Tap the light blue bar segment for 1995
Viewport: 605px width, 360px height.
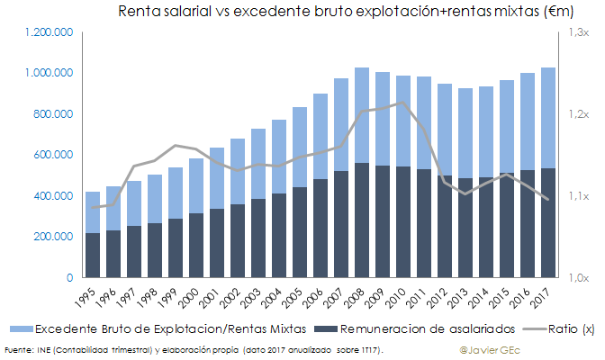coord(92,212)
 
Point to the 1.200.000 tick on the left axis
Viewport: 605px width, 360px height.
coord(50,32)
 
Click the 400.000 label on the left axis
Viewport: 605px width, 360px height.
coord(54,196)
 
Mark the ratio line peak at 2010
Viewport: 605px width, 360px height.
coord(402,103)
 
